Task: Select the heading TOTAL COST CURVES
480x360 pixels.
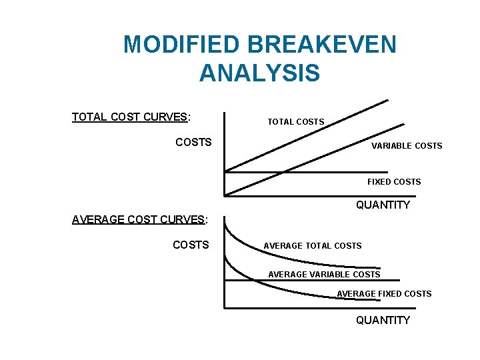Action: (x=131, y=117)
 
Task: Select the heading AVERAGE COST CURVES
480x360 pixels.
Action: (x=139, y=220)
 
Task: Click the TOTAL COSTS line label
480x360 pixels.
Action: (x=295, y=122)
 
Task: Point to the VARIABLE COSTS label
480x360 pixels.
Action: (x=407, y=145)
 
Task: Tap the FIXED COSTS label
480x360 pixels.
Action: (x=394, y=181)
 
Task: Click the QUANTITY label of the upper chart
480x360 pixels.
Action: (x=383, y=205)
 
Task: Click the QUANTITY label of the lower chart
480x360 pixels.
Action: (x=383, y=321)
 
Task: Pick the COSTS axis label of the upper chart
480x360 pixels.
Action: (x=193, y=142)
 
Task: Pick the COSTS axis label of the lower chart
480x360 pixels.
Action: (x=191, y=245)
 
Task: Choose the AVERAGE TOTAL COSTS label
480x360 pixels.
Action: (x=313, y=246)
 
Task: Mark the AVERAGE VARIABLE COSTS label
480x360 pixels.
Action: (x=324, y=274)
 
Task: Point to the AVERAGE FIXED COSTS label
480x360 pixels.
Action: (x=384, y=293)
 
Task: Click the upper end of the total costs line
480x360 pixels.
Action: (x=387, y=101)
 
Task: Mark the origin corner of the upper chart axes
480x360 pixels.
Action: (x=225, y=195)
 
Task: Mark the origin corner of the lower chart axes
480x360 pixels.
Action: (x=225, y=307)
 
